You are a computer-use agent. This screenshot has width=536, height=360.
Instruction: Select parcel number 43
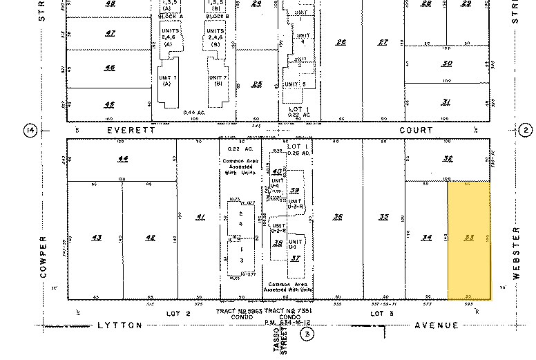click(97, 238)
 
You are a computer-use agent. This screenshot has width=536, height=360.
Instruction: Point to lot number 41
click(201, 218)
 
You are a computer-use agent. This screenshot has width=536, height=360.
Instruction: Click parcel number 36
click(338, 217)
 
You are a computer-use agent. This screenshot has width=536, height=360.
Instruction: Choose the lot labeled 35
click(384, 217)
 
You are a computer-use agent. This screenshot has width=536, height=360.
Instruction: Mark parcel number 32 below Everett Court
click(447, 158)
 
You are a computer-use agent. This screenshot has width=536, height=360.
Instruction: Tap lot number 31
click(447, 102)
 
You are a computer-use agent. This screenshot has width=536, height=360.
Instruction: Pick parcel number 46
click(110, 68)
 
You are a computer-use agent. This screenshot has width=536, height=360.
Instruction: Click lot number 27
click(384, 42)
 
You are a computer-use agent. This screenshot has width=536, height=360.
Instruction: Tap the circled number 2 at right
click(526, 131)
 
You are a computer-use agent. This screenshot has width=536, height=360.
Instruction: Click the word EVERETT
click(128, 130)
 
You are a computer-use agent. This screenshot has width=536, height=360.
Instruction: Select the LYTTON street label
click(119, 325)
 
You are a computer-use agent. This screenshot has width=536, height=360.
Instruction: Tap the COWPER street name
click(43, 260)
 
